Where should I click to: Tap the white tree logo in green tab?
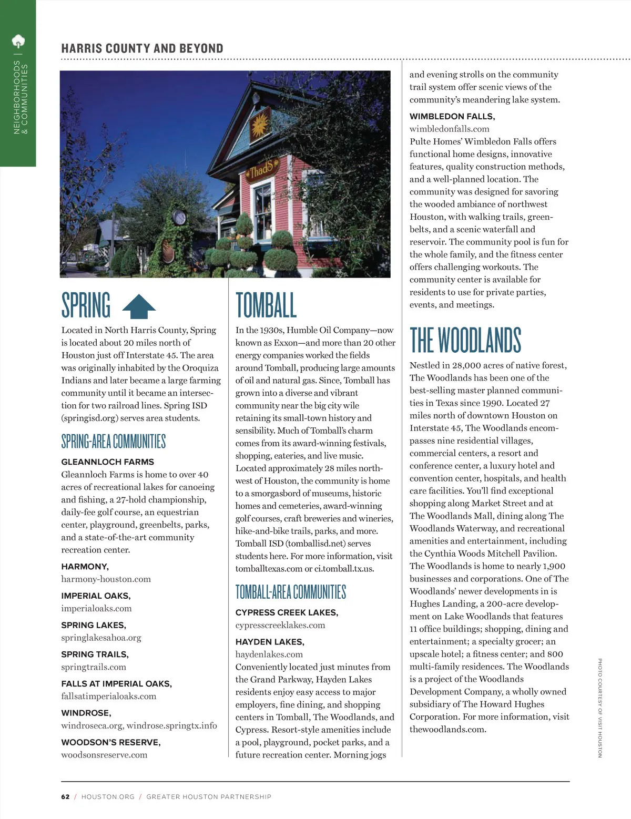pyautogui.click(x=18, y=41)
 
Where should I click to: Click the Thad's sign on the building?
pyautogui.click(x=261, y=169)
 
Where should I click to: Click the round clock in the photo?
pyautogui.click(x=179, y=217)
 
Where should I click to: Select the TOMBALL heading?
pyautogui.click(x=266, y=305)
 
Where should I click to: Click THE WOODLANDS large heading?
pyautogui.click(x=465, y=340)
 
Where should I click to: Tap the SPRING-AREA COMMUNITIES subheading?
pyautogui.click(x=114, y=441)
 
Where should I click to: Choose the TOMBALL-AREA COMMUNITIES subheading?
pyautogui.click(x=291, y=592)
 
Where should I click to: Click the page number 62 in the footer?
pyautogui.click(x=65, y=796)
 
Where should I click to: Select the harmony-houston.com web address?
pyautogui.click(x=106, y=579)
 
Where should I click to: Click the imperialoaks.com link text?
pyautogui.click(x=97, y=608)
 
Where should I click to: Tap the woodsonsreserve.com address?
pyautogui.click(x=104, y=755)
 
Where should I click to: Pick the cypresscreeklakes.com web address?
pyautogui.click(x=280, y=625)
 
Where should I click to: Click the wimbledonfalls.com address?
pyautogui.click(x=450, y=129)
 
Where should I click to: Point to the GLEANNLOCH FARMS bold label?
pyautogui.click(x=108, y=462)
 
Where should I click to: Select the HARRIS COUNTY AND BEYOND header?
pyautogui.click(x=142, y=48)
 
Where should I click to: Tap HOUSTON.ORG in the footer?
pyautogui.click(x=108, y=796)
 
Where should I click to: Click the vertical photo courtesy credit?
pyautogui.click(x=599, y=708)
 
